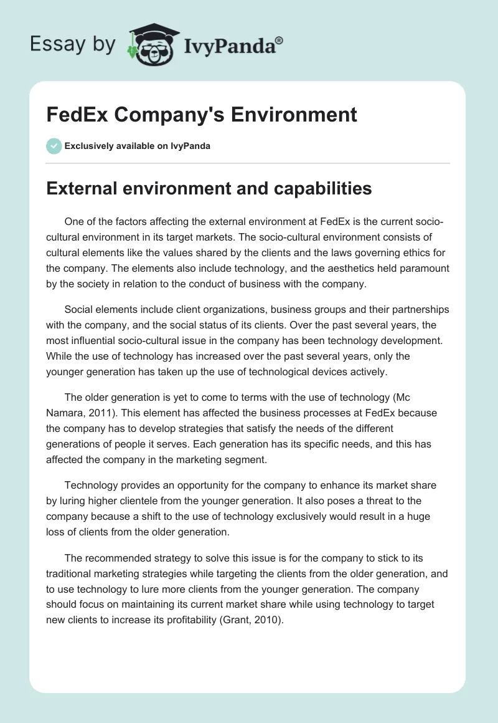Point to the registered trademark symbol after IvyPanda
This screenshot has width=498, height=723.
[x=280, y=40]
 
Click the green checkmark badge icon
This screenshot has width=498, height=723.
[x=54, y=146]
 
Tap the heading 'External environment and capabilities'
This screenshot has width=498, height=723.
[x=209, y=189]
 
